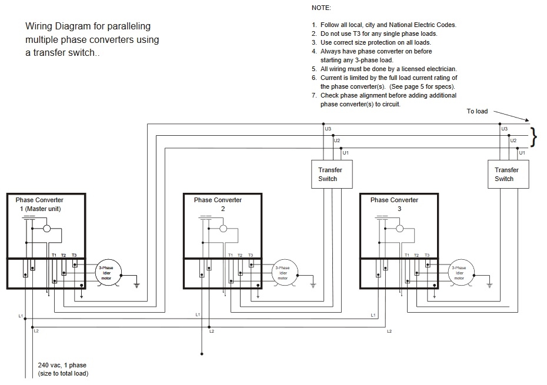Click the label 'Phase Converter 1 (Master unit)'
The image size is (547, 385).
click(39, 205)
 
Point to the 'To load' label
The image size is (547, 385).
click(477, 111)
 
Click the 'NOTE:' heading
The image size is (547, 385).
click(321, 8)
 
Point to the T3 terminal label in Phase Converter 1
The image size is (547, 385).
click(74, 255)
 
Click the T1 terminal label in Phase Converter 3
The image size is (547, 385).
click(407, 255)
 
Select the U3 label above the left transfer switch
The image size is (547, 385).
click(328, 129)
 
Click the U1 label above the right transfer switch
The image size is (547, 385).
click(522, 153)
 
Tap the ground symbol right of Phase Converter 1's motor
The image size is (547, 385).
click(136, 285)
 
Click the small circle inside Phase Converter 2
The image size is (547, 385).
click(224, 229)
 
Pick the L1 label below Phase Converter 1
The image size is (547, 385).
click(21, 316)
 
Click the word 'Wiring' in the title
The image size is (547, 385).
click(38, 26)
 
